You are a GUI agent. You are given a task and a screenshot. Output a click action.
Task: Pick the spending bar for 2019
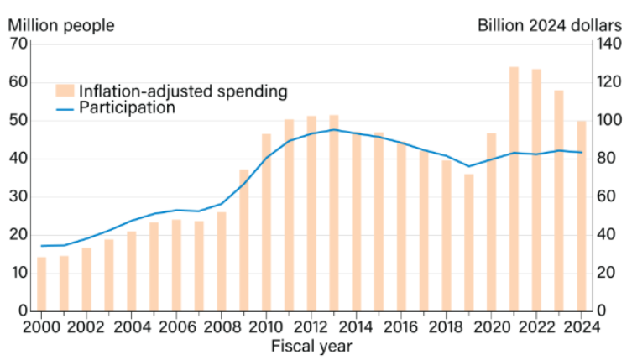click(x=469, y=243)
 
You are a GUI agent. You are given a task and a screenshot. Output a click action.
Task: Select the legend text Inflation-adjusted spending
click(x=183, y=91)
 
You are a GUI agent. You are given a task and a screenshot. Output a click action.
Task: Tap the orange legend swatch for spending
click(x=65, y=91)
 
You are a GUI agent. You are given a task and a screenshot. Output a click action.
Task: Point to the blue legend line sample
click(x=65, y=108)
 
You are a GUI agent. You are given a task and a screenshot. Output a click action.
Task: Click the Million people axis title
click(x=61, y=25)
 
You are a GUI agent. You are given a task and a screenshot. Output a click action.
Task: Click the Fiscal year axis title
click(x=311, y=345)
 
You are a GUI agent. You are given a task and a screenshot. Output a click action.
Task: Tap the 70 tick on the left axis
click(x=19, y=44)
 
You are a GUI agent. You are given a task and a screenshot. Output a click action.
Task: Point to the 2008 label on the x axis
click(x=221, y=327)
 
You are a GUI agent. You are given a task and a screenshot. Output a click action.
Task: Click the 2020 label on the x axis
click(x=491, y=327)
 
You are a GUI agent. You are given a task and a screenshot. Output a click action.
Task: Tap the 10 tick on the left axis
click(x=19, y=273)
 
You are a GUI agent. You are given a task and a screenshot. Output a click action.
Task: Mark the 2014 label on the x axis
click(x=356, y=327)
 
